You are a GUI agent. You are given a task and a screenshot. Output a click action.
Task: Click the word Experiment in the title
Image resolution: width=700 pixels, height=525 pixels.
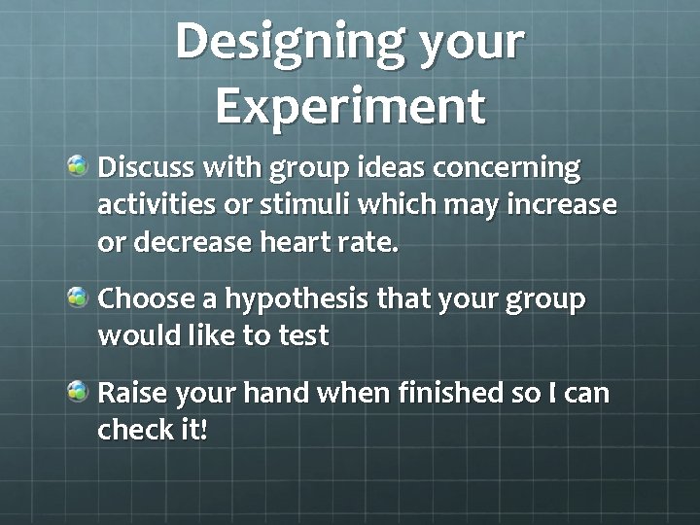coord(349,106)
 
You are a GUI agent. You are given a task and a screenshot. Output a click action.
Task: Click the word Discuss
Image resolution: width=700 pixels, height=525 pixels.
coord(144,169)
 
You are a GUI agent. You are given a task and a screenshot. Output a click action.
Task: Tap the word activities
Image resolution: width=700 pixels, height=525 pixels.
coord(153,205)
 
